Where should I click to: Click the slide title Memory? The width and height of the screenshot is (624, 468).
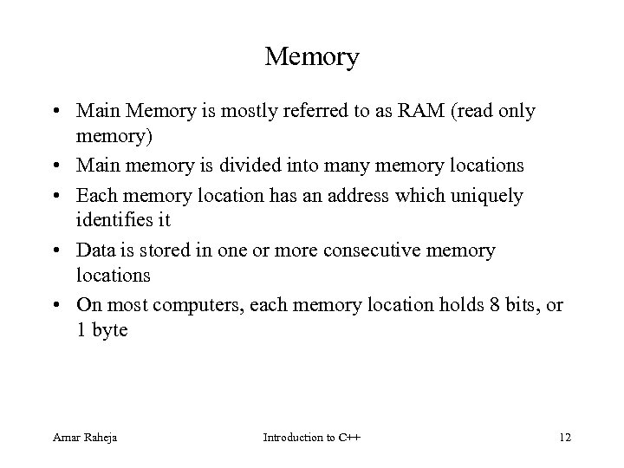click(311, 57)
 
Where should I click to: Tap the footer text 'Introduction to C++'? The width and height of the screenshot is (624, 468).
click(311, 436)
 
